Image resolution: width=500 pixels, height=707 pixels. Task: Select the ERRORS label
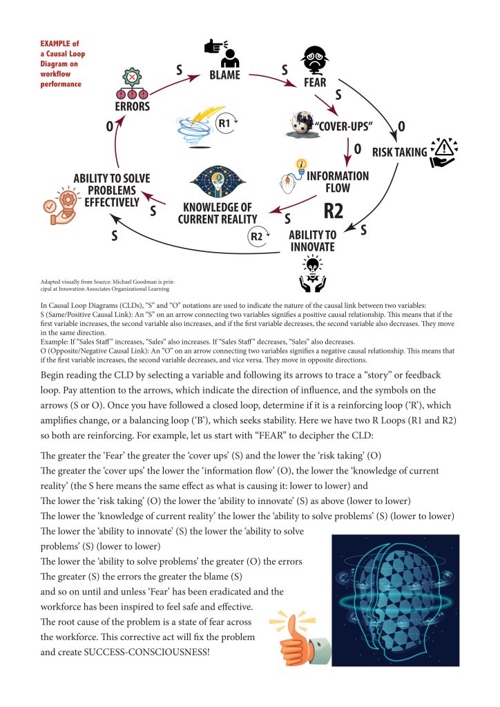pos(133,107)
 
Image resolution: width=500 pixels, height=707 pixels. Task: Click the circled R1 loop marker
pos(224,124)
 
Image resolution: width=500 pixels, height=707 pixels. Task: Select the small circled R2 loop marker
pos(256,238)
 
